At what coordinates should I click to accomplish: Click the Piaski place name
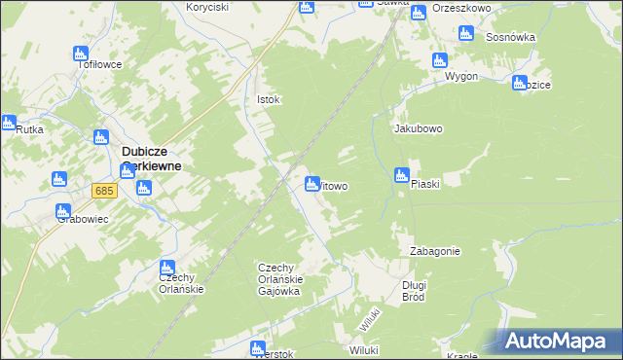tap(426, 184)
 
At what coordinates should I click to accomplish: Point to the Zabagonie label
tap(435, 251)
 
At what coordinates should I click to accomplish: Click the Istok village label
tap(268, 99)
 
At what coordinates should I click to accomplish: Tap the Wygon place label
tap(460, 76)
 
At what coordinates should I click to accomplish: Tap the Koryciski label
tap(206, 7)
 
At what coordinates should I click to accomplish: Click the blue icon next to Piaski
tap(401, 176)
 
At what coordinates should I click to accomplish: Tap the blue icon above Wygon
tap(440, 60)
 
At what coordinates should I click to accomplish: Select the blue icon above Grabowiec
tap(63, 211)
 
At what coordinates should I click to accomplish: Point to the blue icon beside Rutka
tap(8, 124)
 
